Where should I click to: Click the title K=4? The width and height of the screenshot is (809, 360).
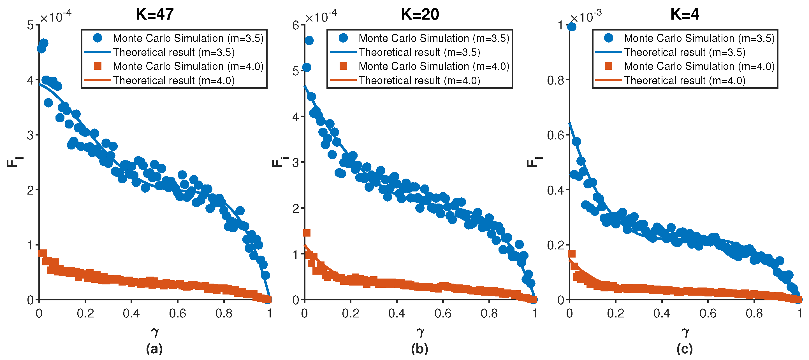coord(685,14)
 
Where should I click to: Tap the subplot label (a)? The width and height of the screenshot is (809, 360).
coord(154,349)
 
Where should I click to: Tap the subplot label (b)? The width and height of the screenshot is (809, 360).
coord(419,349)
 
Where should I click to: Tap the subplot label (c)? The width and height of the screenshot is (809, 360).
coord(685,349)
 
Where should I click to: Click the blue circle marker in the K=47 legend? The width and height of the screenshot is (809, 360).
coord(98,38)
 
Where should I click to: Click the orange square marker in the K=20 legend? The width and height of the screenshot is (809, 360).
coord(343,66)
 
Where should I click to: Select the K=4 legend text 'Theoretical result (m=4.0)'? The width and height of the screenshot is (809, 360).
coord(685,81)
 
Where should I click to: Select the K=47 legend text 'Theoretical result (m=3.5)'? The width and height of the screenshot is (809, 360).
coord(174,52)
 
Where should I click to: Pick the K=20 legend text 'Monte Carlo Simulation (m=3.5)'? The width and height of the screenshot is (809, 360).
coord(434,38)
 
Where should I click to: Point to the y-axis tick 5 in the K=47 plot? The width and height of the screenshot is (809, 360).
coord(31,25)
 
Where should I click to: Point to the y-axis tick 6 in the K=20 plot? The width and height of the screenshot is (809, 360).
coord(296,25)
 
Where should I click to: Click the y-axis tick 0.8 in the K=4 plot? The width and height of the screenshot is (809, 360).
coord(555,80)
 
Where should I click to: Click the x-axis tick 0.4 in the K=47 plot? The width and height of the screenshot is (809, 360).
coord(131,313)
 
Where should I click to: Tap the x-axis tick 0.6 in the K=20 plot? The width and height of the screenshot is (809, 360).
coord(443,313)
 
